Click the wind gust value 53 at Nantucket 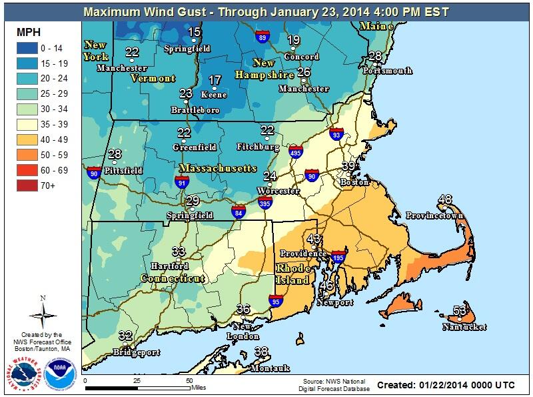tap(460, 310)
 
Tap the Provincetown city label tap(435, 216)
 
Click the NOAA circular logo tap(56, 368)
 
